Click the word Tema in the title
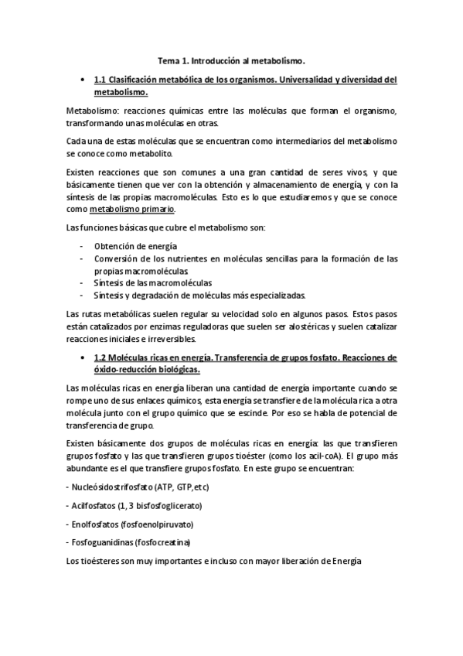click(168, 59)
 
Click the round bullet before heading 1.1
click(81, 80)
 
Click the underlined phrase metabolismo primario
click(132, 209)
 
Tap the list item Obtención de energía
click(130, 246)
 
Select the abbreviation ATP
click(164, 487)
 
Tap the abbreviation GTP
click(186, 487)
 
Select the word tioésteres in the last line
click(103, 560)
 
